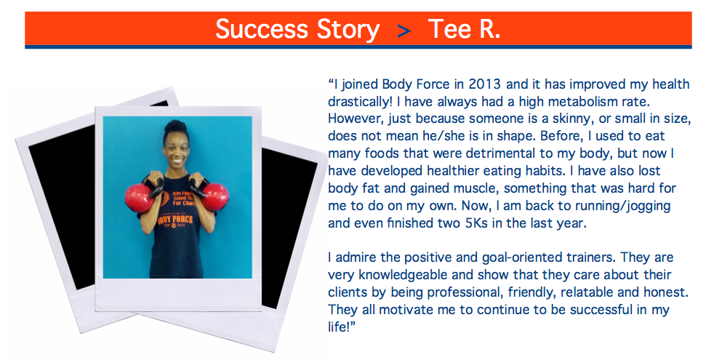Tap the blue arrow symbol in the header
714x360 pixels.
pyautogui.click(x=404, y=31)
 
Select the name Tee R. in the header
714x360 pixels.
pyautogui.click(x=464, y=29)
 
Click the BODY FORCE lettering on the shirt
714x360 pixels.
pyautogui.click(x=176, y=220)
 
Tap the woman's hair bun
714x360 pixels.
pyautogui.click(x=175, y=127)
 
